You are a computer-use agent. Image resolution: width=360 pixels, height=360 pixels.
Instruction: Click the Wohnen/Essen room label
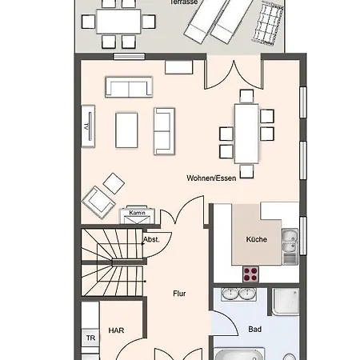(211, 178)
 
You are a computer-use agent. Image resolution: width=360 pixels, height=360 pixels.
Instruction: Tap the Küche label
(256, 239)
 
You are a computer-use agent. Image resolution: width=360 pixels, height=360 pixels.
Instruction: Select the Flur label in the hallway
(179, 294)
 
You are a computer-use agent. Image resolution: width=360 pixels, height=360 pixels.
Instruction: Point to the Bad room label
(254, 330)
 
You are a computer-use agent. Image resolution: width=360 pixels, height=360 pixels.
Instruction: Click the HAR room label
(116, 330)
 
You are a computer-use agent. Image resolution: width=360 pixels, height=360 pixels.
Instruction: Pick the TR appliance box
(90, 338)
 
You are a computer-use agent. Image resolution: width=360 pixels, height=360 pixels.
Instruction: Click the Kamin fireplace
(137, 214)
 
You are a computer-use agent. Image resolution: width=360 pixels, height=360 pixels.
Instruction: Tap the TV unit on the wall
(88, 126)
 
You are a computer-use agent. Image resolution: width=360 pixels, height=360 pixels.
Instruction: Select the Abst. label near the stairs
(151, 239)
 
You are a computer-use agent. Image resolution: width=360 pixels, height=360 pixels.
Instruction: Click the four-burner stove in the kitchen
(250, 274)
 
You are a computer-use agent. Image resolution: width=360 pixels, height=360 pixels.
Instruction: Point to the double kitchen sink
(290, 246)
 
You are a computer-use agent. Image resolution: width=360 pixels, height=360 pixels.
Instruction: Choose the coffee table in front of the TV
(126, 130)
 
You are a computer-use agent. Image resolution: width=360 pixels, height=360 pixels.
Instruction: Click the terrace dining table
(118, 22)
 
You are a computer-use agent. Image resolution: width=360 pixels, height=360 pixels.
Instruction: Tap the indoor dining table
(246, 134)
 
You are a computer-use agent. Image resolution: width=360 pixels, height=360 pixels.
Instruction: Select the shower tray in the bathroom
(286, 302)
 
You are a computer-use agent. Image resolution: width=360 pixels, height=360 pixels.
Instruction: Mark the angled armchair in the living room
(98, 202)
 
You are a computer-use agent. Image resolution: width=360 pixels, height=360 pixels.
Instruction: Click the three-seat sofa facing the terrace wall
(129, 87)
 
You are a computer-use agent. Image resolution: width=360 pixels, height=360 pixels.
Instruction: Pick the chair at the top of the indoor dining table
(246, 96)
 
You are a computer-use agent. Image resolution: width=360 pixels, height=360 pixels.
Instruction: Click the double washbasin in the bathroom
(238, 294)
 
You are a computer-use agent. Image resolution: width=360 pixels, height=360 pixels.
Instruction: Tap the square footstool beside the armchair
(114, 183)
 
